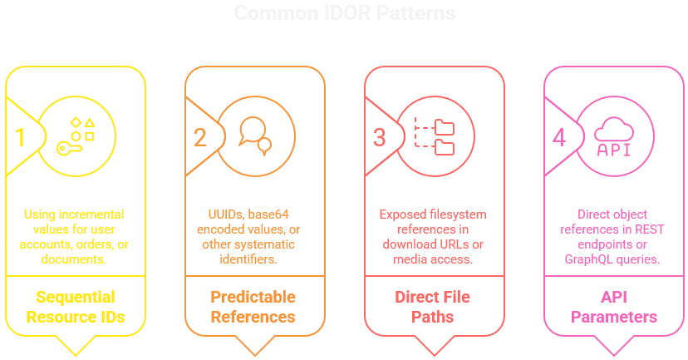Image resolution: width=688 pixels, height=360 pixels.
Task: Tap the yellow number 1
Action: (21, 136)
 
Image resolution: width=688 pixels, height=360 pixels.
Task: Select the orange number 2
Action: (200, 136)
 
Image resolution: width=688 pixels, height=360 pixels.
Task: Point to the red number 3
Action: (380, 136)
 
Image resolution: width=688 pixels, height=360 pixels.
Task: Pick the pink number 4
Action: (559, 136)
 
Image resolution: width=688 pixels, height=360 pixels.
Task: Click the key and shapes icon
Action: (76, 136)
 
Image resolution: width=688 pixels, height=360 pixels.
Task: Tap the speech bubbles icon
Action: (255, 136)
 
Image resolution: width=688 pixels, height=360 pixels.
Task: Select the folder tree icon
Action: (435, 136)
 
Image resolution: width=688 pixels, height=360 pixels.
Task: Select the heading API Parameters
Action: (614, 306)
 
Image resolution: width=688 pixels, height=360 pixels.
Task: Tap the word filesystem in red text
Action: (455, 215)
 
